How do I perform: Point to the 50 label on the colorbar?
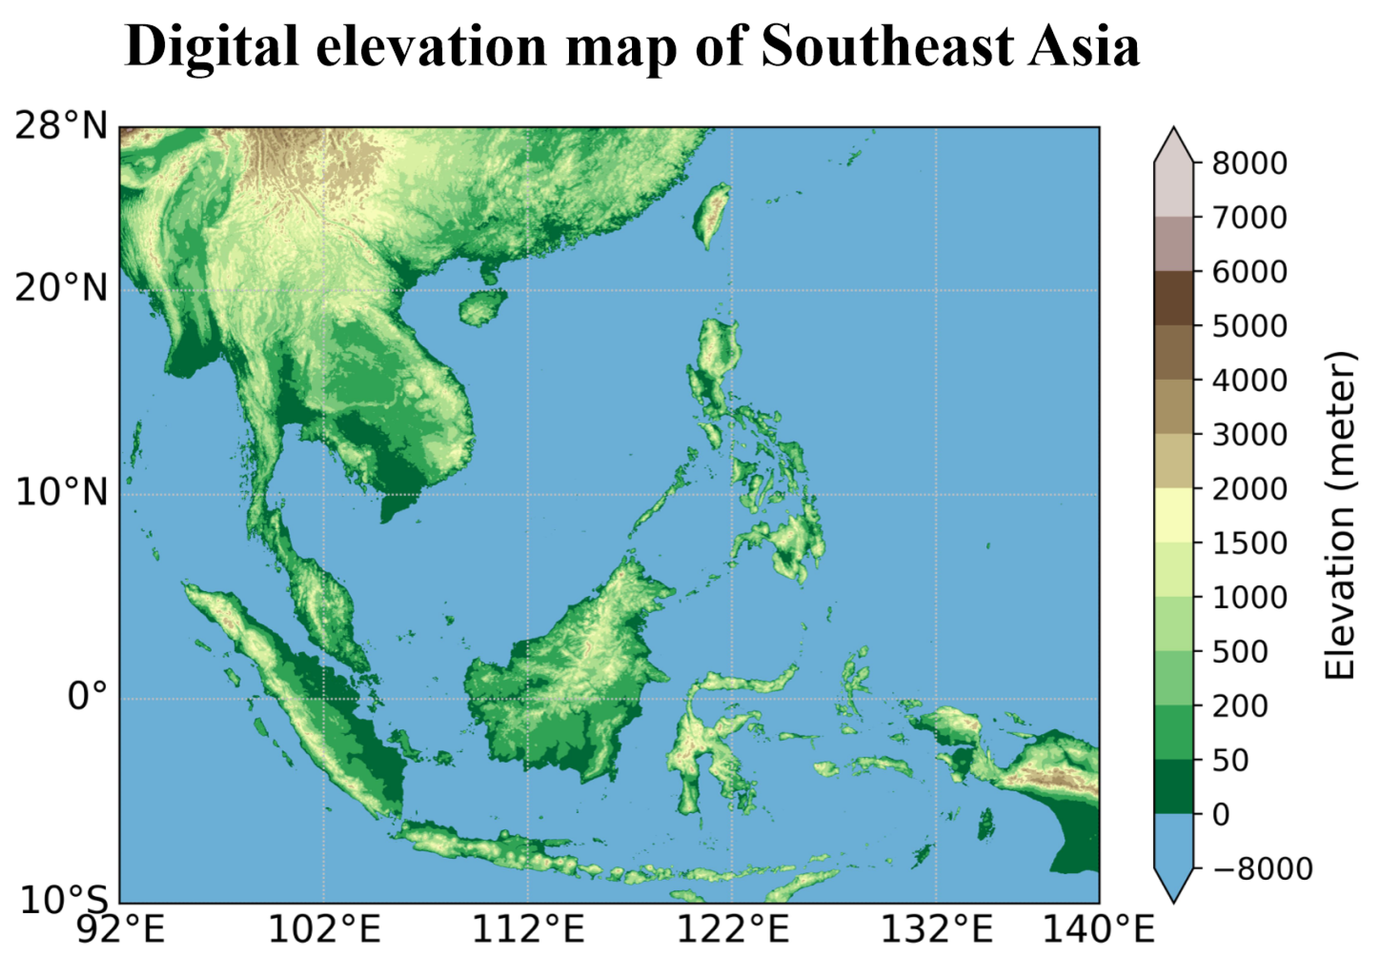pos(1231,760)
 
